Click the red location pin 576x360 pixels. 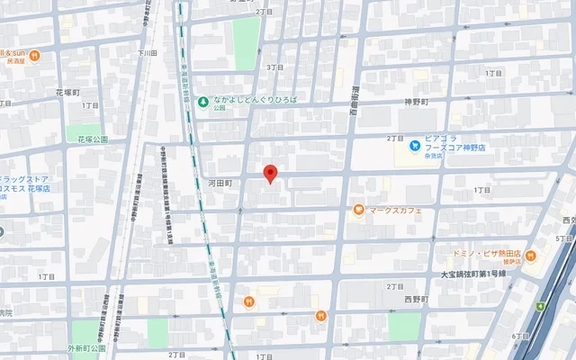[269, 174]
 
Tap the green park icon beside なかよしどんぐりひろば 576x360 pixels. [203, 101]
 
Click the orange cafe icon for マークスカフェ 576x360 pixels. [358, 211]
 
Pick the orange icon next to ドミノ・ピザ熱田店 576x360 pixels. [529, 255]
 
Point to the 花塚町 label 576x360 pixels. [68, 93]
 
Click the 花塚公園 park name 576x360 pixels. [92, 139]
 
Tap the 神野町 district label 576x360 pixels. [419, 103]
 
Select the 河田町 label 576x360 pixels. [220, 183]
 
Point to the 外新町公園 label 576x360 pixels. [85, 347]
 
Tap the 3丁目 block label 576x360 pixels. [274, 67]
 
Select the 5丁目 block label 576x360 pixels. [564, 238]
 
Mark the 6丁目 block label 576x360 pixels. [520, 336]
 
